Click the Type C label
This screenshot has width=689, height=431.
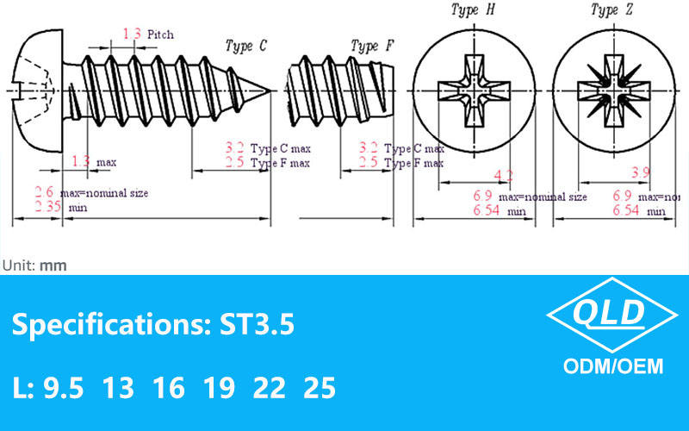pos(245,46)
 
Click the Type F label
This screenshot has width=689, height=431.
pos(372,46)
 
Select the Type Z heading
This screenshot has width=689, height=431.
pos(611,10)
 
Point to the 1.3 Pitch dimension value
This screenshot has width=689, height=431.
pos(132,34)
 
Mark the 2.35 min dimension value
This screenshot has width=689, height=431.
pos(48,207)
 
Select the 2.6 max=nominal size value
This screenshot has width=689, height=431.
pos(45,192)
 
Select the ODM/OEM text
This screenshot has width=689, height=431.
pos(612,366)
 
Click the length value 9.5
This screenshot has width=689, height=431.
pos(64,389)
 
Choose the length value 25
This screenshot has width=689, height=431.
pos(320,389)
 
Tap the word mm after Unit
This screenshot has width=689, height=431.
pos(53,265)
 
